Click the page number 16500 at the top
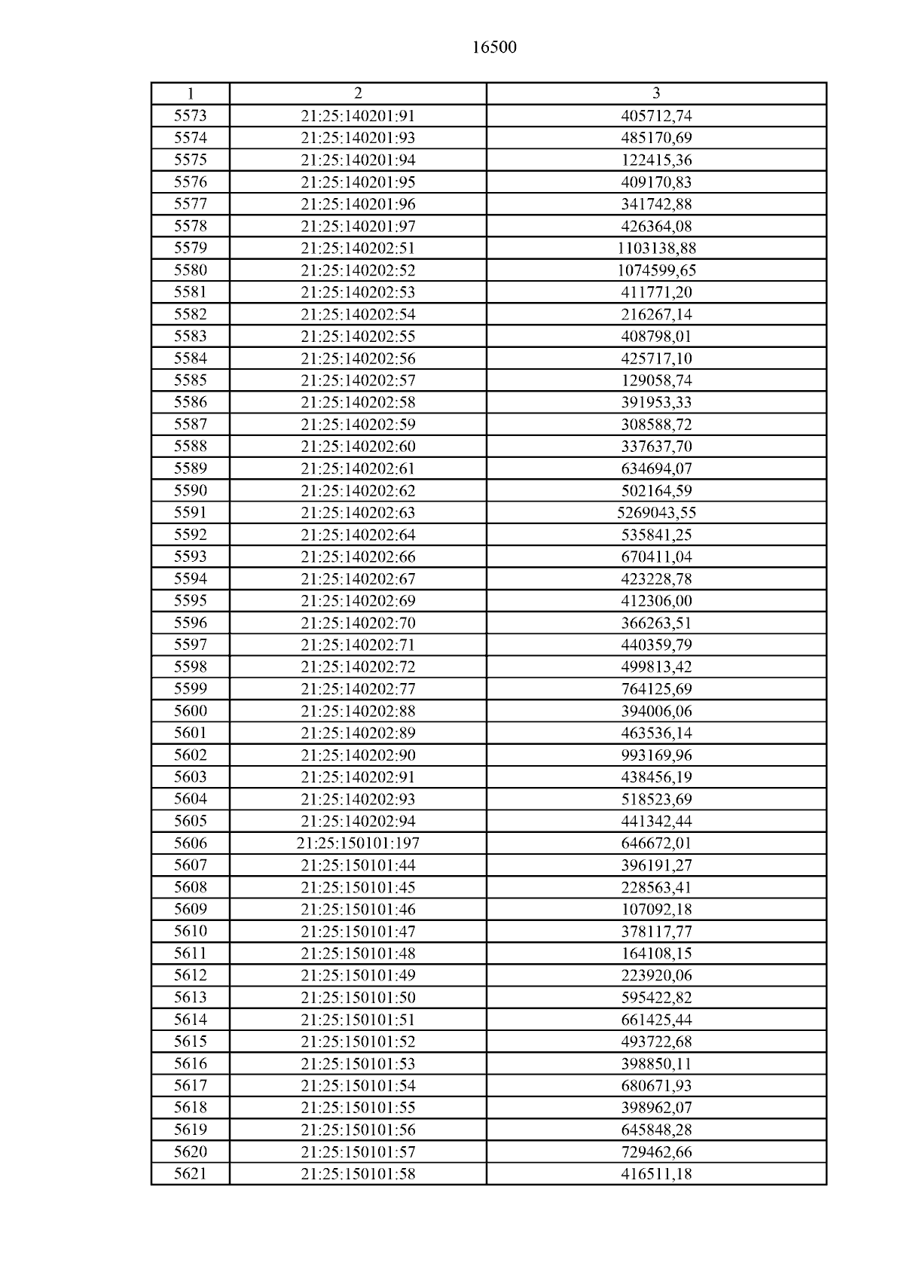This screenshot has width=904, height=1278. coord(494,47)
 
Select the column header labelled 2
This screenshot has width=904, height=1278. coord(358,93)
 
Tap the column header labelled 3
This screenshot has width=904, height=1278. coord(656,93)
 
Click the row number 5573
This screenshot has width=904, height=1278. coord(190,116)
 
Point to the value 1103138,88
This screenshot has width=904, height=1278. coord(656,248)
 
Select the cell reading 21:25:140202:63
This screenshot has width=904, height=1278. coord(358,513)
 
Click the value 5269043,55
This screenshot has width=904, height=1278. coord(656,513)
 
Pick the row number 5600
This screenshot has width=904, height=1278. coord(190,711)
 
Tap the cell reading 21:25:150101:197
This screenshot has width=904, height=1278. coord(358,843)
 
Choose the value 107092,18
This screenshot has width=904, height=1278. coord(656,909)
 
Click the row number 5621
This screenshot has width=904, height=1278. coord(190,1173)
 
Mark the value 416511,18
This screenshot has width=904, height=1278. coord(656,1173)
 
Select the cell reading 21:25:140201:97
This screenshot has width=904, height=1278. coord(358,226)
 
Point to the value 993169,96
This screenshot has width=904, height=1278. coord(656,755)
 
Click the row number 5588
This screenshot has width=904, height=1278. coord(190,447)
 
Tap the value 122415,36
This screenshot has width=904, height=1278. coord(656,160)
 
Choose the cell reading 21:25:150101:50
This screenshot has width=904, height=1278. coord(358,997)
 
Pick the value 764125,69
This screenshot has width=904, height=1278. coord(656,689)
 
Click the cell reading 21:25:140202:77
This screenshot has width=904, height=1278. coord(358,689)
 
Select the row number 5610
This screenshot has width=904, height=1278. coord(190,932)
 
